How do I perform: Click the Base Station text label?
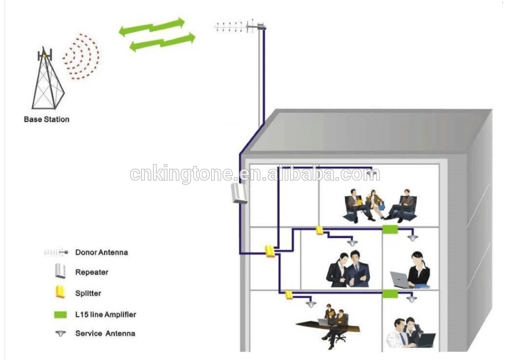46,119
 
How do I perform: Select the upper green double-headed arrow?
151,26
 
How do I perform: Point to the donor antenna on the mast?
240,26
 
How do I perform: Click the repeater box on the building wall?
239,193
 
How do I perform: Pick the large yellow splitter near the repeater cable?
270,251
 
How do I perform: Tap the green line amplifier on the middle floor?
390,229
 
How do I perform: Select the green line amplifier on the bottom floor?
390,293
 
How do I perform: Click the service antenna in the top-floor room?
373,174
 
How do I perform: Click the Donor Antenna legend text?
101,252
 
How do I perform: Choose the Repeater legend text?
92,272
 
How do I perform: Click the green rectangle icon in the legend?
61,315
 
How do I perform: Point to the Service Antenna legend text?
105,333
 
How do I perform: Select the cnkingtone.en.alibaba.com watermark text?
255,174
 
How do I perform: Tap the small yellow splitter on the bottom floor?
289,294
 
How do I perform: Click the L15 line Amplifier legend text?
106,315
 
